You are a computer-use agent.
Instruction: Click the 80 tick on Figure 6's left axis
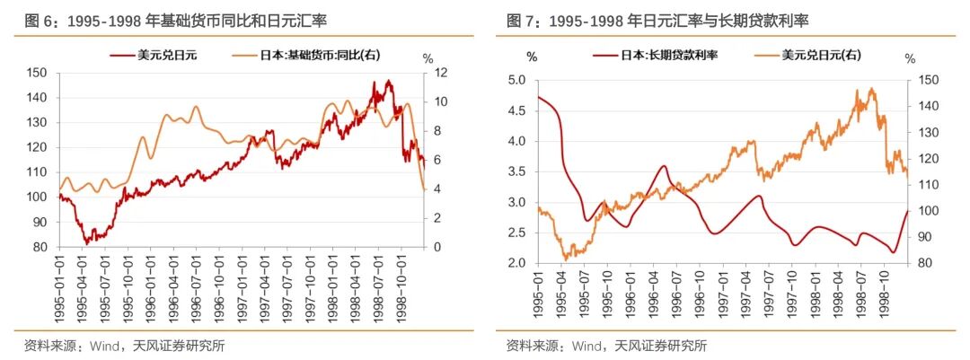click(x=40, y=247)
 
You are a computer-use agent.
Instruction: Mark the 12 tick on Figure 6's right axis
click(x=441, y=73)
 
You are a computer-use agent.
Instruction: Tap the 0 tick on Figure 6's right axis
click(x=438, y=247)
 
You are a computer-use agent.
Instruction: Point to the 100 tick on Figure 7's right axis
click(x=930, y=211)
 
